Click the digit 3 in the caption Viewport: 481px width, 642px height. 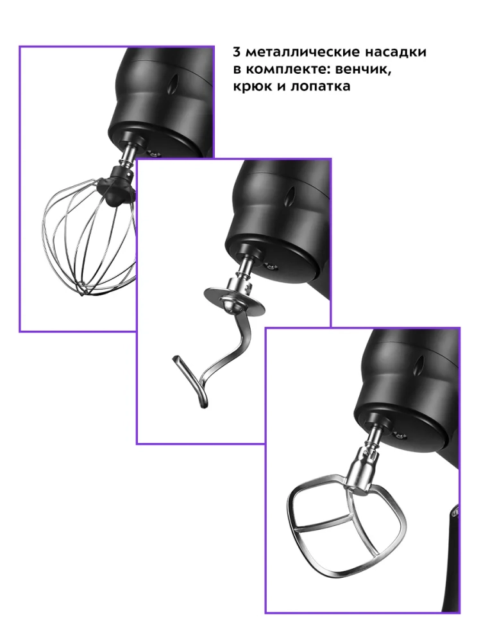237,53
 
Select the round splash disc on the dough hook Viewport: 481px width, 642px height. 233,302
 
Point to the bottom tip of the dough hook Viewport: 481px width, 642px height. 203,404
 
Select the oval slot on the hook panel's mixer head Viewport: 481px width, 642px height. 292,196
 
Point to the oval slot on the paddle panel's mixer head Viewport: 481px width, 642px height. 421,364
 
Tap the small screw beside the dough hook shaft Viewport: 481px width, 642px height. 271,267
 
